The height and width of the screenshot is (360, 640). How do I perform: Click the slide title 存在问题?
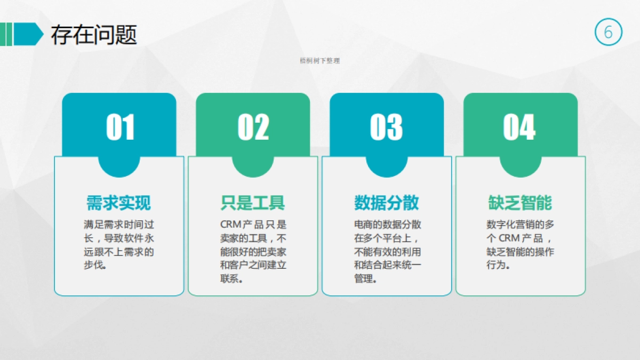coord(94,35)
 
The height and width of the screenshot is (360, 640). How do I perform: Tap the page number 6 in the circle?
coord(608,33)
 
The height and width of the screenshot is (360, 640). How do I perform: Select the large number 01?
coord(120,127)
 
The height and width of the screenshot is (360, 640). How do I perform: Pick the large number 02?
coord(253,127)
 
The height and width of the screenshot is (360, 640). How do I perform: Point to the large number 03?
coord(386,127)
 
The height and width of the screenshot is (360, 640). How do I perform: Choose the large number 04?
coord(519,127)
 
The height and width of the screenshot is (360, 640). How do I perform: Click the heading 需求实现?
coord(118,203)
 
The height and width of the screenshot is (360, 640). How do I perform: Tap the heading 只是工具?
coord(252,203)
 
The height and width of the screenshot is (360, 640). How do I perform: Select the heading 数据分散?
coord(386,203)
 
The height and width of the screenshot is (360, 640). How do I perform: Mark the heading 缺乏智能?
coord(520,203)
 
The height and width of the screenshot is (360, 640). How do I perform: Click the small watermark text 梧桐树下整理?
coord(320,61)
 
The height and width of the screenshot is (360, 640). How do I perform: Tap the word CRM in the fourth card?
coord(509,238)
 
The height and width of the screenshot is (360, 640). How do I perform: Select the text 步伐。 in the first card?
coord(95,265)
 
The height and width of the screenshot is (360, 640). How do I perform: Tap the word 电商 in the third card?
coord(360,225)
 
